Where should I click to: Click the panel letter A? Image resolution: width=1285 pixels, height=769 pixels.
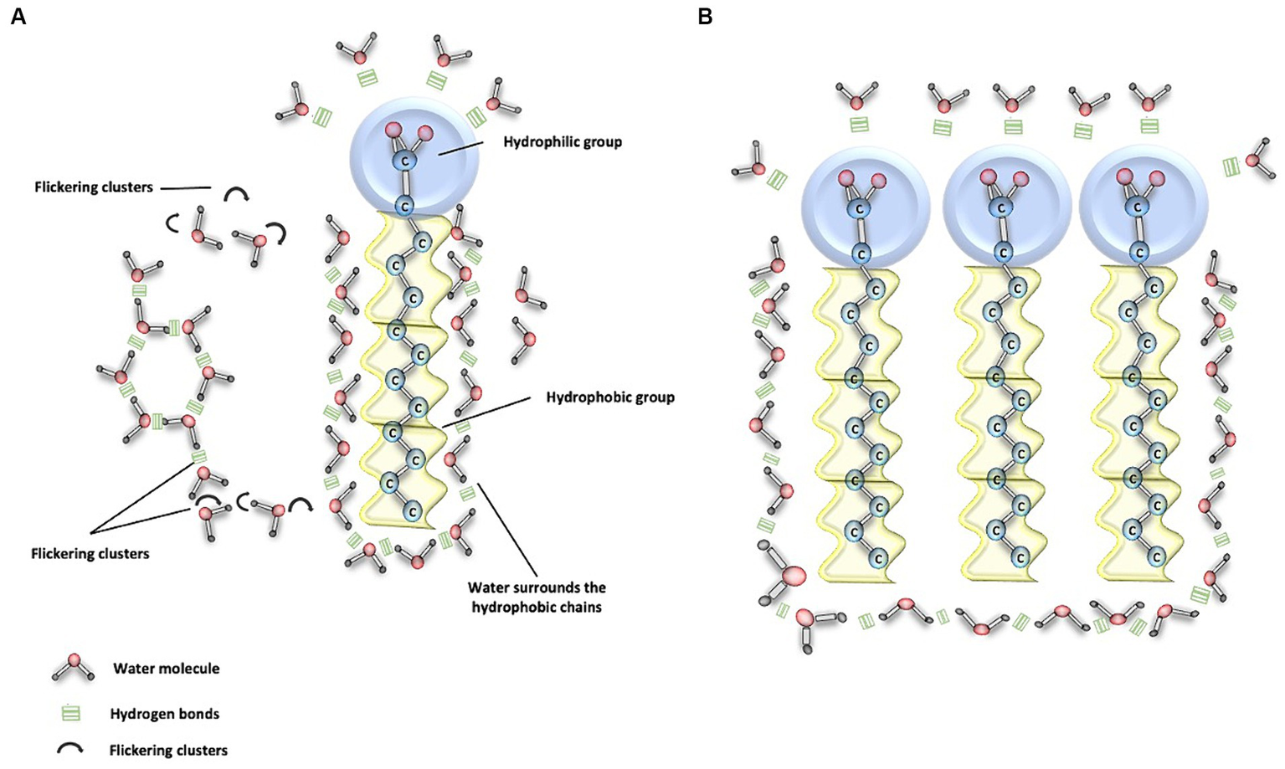pyautogui.click(x=18, y=17)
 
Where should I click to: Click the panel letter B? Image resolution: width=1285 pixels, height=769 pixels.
pyautogui.click(x=705, y=17)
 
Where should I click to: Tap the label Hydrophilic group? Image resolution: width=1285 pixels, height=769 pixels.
pyautogui.click(x=562, y=142)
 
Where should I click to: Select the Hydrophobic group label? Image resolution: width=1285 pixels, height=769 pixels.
pyautogui.click(x=609, y=397)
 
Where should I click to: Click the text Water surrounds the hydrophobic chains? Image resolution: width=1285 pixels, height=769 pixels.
pyautogui.click(x=537, y=597)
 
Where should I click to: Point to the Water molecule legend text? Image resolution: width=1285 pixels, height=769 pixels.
pyautogui.click(x=167, y=669)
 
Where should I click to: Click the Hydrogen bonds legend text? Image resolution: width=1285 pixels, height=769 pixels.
pyautogui.click(x=164, y=714)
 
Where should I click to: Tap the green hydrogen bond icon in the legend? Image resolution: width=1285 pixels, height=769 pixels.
pyautogui.click(x=71, y=714)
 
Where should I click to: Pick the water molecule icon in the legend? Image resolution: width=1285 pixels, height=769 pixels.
pyautogui.click(x=73, y=666)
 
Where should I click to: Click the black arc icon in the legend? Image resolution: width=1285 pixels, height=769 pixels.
pyautogui.click(x=70, y=749)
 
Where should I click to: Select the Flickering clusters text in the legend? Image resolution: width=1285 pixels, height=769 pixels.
pyautogui.click(x=168, y=751)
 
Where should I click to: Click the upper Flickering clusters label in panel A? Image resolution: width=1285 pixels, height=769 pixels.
pyautogui.click(x=94, y=187)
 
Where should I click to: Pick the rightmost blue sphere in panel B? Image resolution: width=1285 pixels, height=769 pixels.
pyautogui.click(x=1144, y=206)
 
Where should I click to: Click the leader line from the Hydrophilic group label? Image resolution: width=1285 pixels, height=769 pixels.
pyautogui.click(x=461, y=149)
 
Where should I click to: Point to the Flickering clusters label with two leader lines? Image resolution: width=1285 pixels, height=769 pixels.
pyautogui.click(x=90, y=554)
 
